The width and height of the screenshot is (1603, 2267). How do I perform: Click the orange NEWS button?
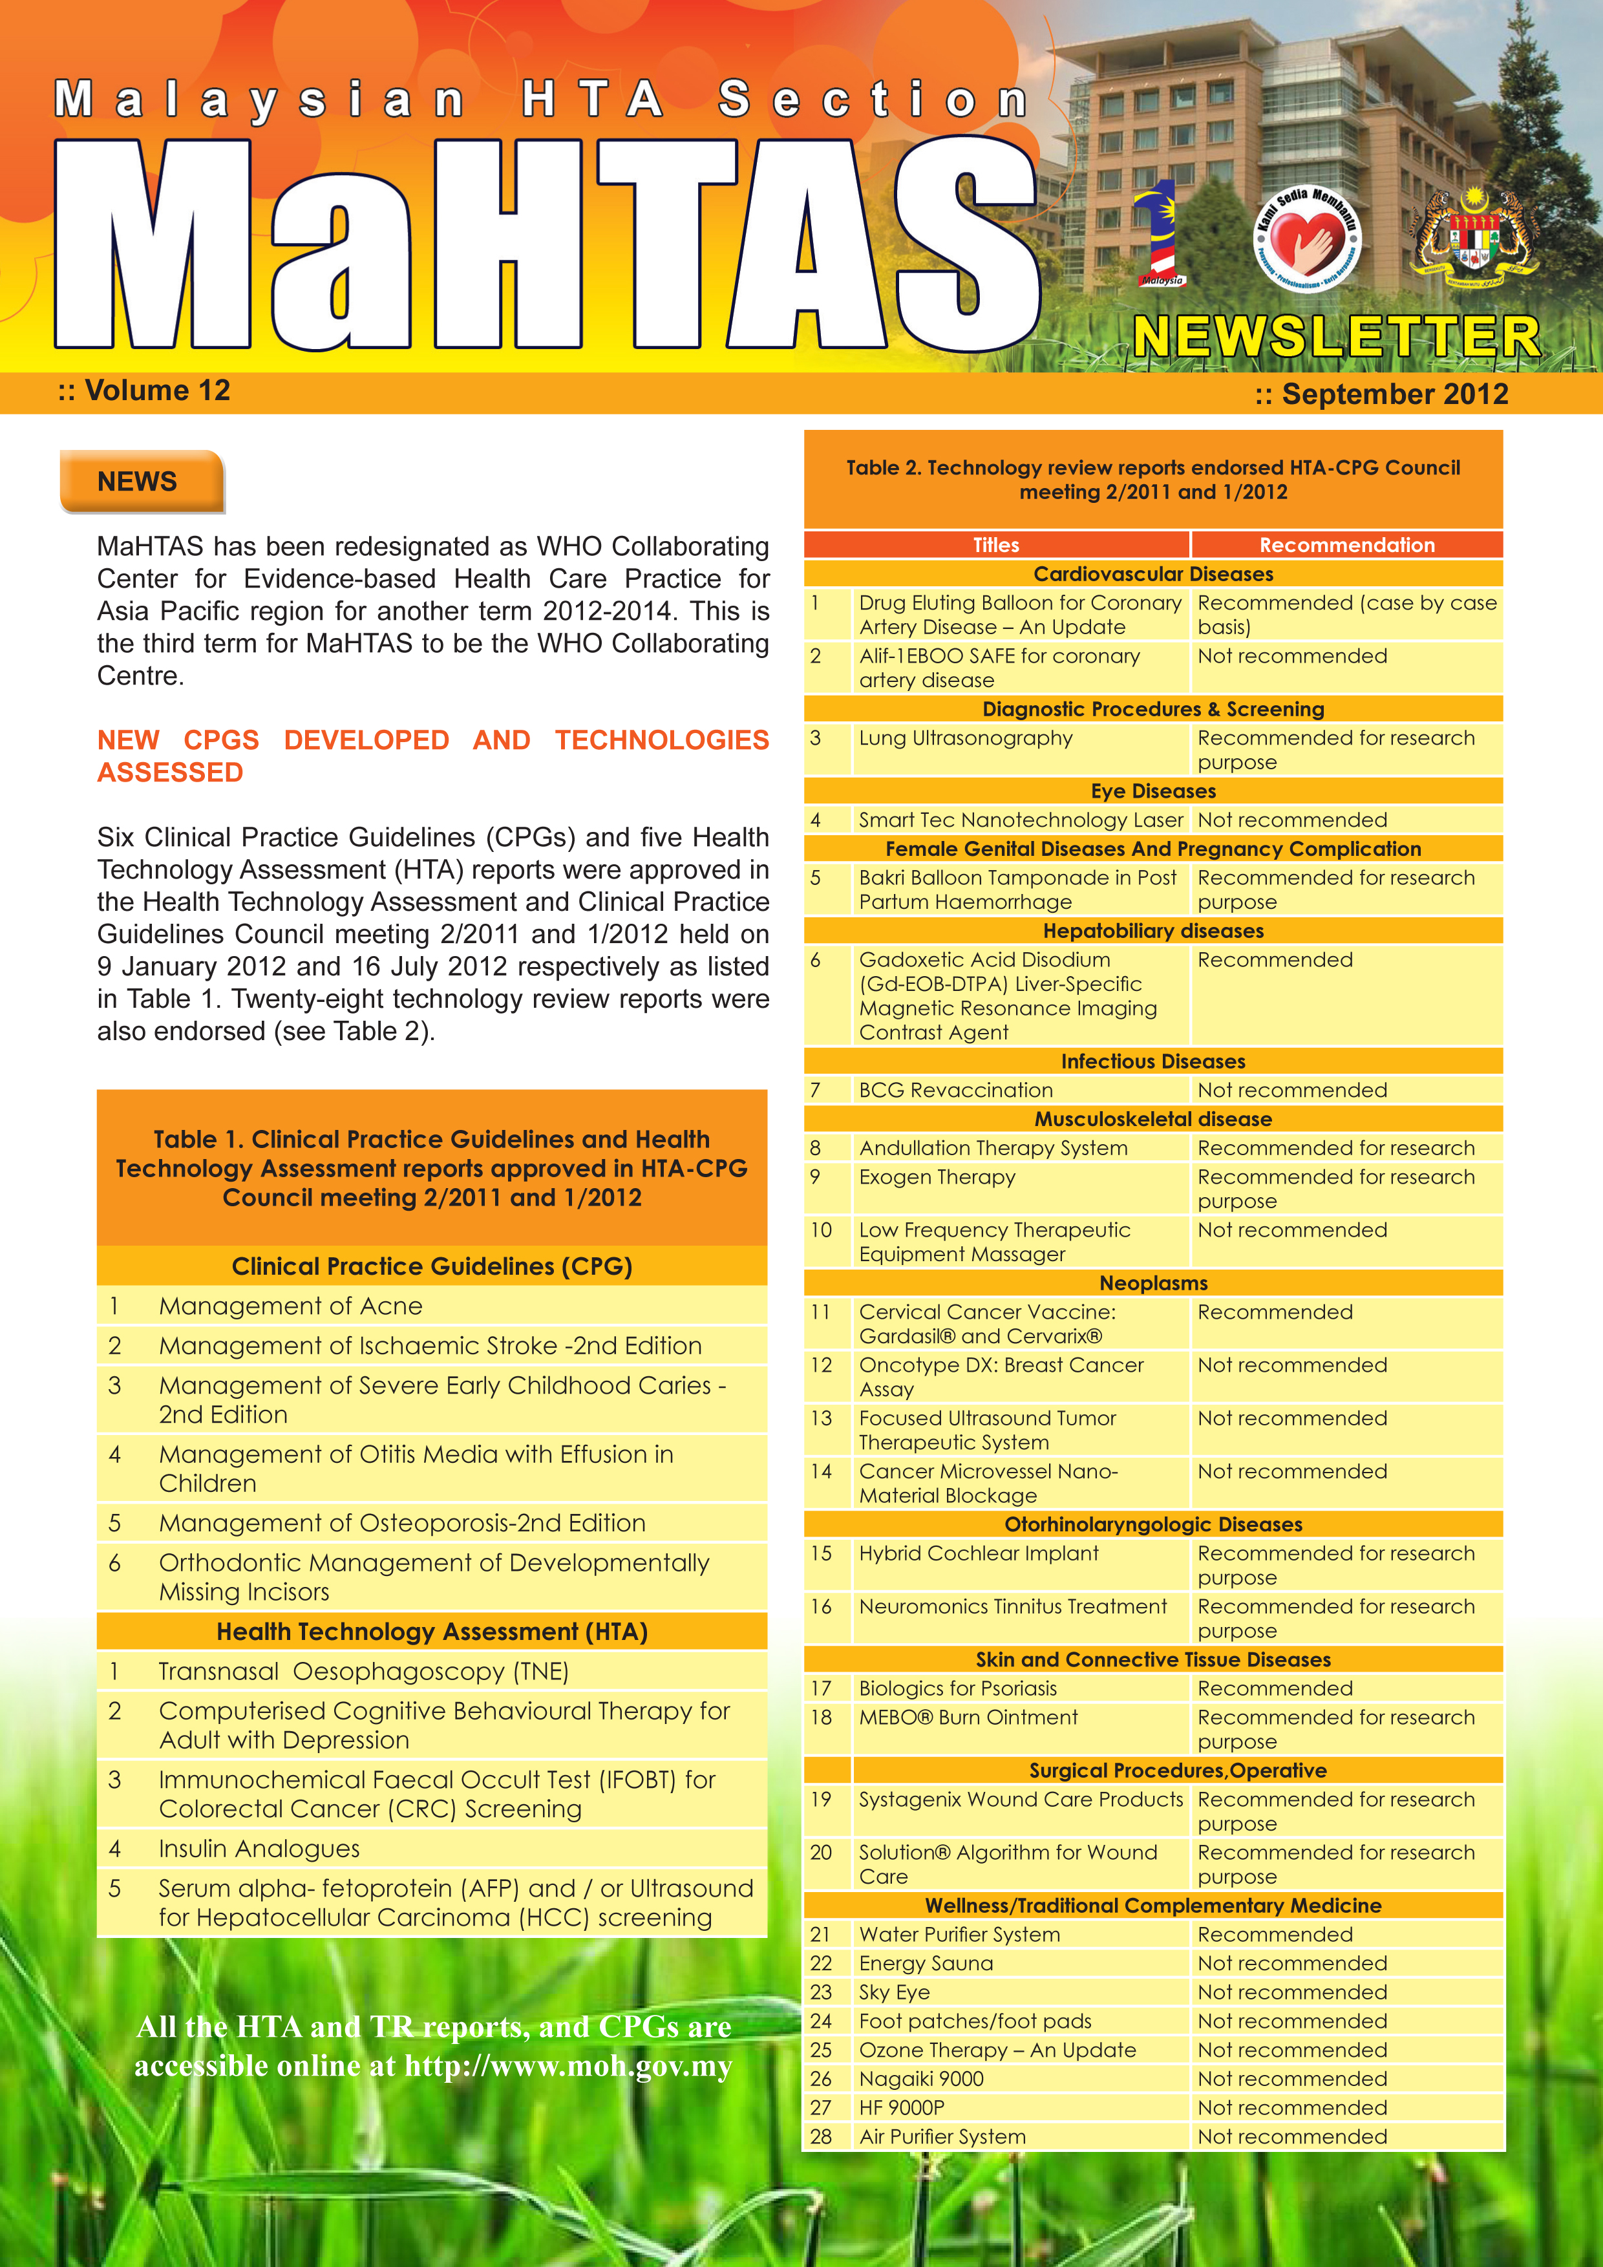click(x=141, y=482)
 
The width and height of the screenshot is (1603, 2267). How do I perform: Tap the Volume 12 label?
click(x=144, y=391)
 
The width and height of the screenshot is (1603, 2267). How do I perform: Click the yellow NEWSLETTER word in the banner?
click(x=1335, y=337)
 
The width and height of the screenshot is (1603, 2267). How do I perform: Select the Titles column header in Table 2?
click(x=996, y=545)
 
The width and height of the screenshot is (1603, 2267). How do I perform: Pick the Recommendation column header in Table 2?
click(x=1346, y=545)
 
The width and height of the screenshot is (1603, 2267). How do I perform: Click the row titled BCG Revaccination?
click(x=955, y=1090)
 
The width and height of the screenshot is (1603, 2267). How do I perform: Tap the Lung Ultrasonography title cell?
click(x=965, y=739)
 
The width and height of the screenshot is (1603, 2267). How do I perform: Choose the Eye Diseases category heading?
click(x=1153, y=791)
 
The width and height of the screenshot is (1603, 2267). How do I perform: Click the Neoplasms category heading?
click(x=1153, y=1283)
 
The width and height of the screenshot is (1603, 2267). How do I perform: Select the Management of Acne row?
click(x=290, y=1306)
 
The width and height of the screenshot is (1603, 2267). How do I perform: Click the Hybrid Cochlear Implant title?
click(x=978, y=1553)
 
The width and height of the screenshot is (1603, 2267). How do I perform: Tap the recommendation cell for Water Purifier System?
click(x=1275, y=1934)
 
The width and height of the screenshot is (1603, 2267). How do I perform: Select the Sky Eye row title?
click(x=895, y=1992)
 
